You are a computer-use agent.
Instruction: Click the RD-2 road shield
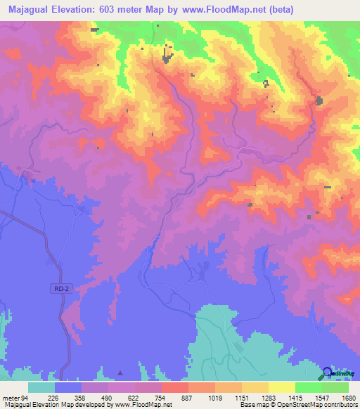[61, 288]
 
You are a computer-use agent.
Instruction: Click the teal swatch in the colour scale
[41, 388]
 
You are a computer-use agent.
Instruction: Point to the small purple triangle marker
[120, 372]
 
